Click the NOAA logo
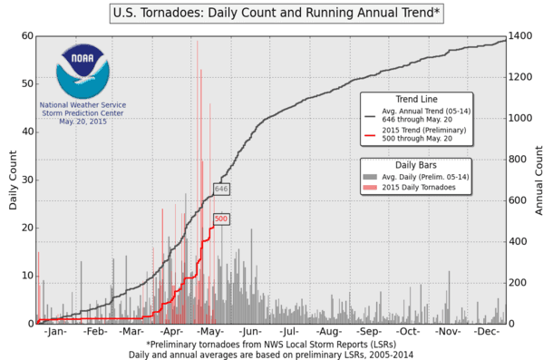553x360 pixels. coord(83,71)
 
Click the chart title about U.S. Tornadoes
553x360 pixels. coord(277,14)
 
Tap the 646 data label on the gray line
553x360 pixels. coord(220,190)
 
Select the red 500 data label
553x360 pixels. coord(220,219)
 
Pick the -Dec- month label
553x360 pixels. coord(489,333)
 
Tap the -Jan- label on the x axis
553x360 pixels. coord(54,333)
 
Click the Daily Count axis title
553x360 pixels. coord(13,180)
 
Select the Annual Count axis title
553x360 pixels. coord(540,180)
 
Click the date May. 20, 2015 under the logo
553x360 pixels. coord(83,121)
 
